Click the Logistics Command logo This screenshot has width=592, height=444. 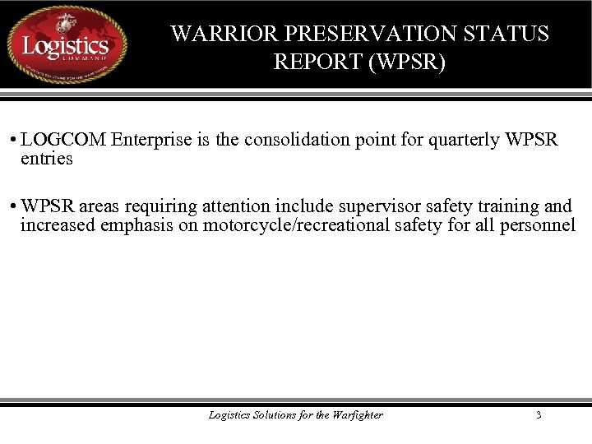pos(67,44)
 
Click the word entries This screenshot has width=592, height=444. pos(47,159)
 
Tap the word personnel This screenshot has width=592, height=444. pos(539,225)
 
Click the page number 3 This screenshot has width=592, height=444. pos(539,415)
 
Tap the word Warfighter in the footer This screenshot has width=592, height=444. pos(358,415)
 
